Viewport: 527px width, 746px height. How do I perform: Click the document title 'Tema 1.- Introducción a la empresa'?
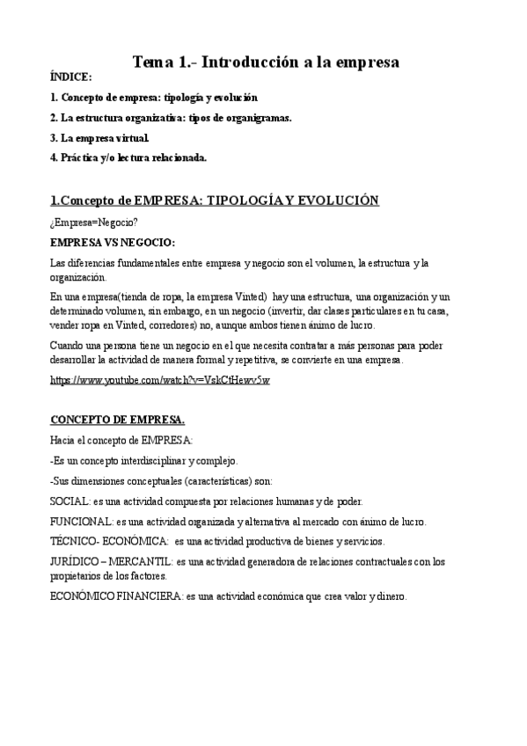click(265, 62)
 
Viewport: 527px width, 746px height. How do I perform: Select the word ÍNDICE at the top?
click(70, 77)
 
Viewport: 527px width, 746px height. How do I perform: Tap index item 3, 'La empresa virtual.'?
click(99, 137)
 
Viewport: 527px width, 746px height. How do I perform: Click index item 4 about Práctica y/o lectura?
click(128, 157)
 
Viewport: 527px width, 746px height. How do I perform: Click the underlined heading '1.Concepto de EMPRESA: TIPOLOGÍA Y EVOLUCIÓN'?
click(215, 201)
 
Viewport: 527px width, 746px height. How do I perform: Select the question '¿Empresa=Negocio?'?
click(94, 222)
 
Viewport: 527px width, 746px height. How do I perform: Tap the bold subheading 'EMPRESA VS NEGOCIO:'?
click(113, 241)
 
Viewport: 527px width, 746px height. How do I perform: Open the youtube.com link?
click(160, 379)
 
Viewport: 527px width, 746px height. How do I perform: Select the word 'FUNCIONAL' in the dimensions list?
click(82, 521)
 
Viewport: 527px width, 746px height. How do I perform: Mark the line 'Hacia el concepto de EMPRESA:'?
click(121, 440)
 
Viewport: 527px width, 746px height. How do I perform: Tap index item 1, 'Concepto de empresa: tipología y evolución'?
click(155, 98)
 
